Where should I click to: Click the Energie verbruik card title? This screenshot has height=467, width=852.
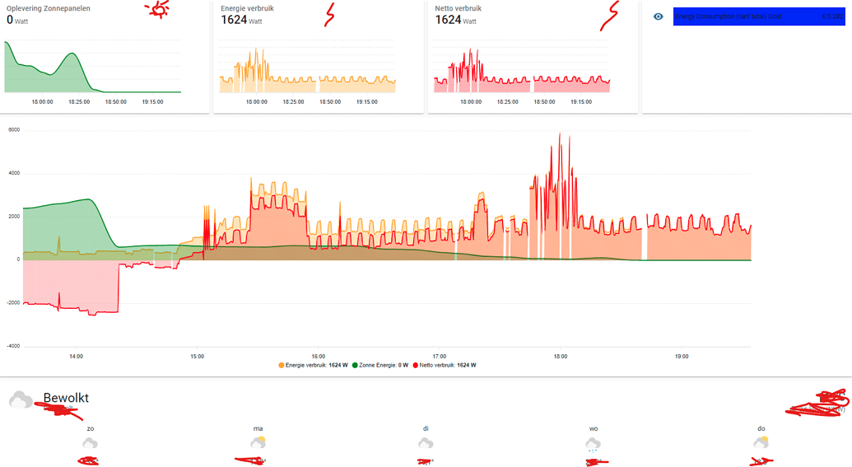click(x=248, y=8)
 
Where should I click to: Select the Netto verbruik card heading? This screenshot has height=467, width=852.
click(x=459, y=8)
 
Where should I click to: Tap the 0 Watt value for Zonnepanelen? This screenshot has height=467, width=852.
click(x=16, y=20)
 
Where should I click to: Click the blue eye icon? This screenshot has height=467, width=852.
click(x=659, y=16)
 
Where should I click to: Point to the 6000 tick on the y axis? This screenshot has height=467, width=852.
click(x=14, y=130)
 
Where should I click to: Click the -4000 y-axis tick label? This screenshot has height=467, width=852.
click(x=13, y=346)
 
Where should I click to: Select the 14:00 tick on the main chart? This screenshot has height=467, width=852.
click(x=76, y=357)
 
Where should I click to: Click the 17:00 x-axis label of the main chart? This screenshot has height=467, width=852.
click(x=440, y=357)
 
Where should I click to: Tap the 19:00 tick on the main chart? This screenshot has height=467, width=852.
click(x=682, y=357)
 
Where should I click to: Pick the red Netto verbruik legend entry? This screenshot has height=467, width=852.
click(x=445, y=365)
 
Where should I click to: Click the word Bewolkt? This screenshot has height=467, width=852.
click(x=66, y=398)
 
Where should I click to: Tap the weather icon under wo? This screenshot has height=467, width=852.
click(x=594, y=444)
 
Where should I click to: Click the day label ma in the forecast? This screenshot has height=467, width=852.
click(x=258, y=428)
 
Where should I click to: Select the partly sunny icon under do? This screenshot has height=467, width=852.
click(x=761, y=443)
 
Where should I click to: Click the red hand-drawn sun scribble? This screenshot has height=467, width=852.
click(x=157, y=8)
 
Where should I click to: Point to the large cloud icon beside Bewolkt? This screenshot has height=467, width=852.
click(x=21, y=400)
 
